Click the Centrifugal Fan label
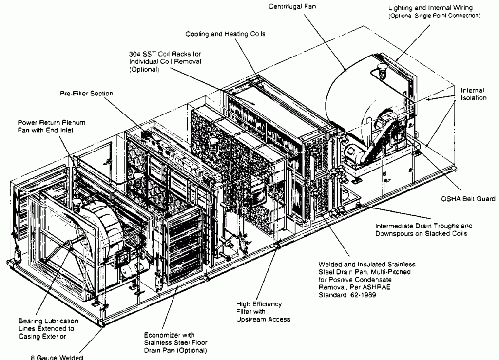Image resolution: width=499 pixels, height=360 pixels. [x=292, y=7]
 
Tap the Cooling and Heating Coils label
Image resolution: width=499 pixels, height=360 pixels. [x=225, y=34]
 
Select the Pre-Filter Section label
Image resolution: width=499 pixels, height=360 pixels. [x=86, y=94]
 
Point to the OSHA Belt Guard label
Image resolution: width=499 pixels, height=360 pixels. [x=468, y=199]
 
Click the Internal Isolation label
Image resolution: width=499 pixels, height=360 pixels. [x=473, y=94]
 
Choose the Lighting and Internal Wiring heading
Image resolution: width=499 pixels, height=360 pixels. [x=431, y=8]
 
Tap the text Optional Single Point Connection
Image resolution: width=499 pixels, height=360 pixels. [x=434, y=16]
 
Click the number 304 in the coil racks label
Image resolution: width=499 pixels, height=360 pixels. [x=134, y=54]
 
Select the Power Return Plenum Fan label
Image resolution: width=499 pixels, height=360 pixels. [x=52, y=126]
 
